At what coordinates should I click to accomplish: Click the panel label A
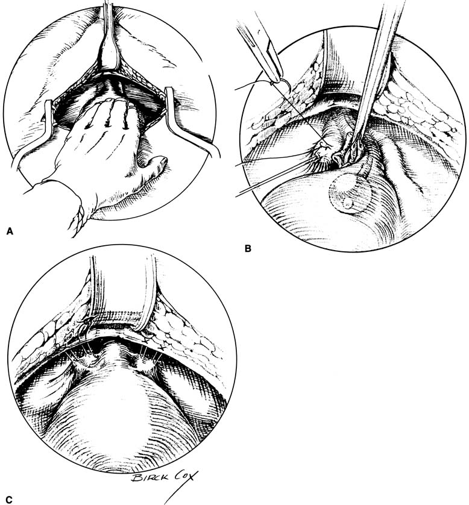point(10,231)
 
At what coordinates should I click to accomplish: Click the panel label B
point(248,248)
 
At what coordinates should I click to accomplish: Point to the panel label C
point(9,500)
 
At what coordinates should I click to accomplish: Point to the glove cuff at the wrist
point(77,219)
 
